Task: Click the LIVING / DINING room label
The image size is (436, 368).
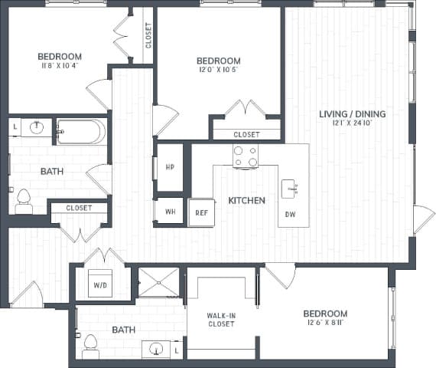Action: (x=352, y=114)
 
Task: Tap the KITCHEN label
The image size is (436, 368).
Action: (x=246, y=201)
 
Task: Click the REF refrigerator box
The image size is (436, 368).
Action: (x=201, y=212)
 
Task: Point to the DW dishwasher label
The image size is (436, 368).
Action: (x=291, y=214)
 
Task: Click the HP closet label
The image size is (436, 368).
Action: (x=170, y=167)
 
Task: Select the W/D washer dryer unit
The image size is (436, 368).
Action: (x=101, y=284)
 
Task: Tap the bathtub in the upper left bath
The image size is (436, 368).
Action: (x=80, y=132)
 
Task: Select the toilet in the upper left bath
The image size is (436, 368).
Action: (x=24, y=201)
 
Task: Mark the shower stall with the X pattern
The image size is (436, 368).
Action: (x=158, y=281)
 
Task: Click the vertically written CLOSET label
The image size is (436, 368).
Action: (x=148, y=34)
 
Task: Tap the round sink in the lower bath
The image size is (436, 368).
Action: (x=158, y=350)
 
